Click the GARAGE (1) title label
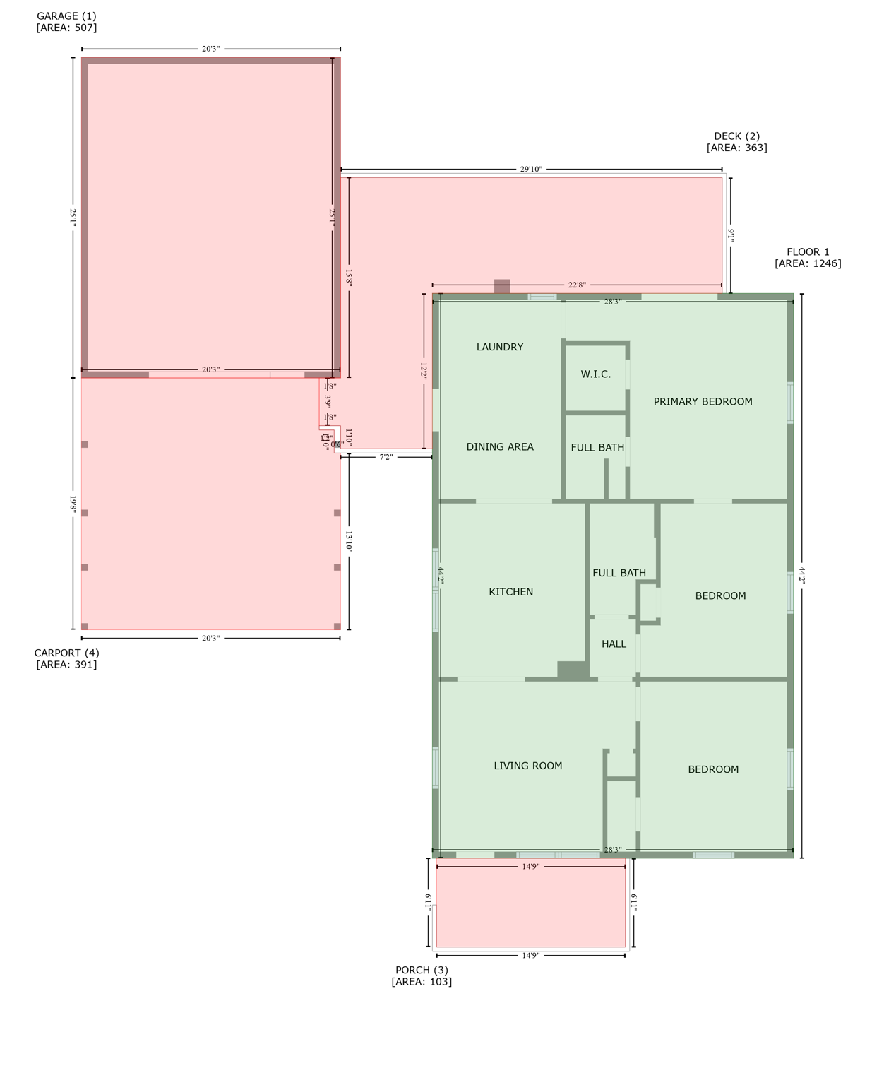tap(66, 16)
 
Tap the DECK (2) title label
tap(736, 136)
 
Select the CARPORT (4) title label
tap(66, 653)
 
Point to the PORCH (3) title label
tap(422, 970)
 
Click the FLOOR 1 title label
tap(808, 251)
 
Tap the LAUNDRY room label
tap(500, 347)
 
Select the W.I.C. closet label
tap(596, 374)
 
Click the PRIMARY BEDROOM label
tap(703, 401)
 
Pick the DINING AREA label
tap(500, 446)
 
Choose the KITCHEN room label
tap(510, 592)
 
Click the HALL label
tap(614, 644)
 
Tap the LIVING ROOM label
tap(527, 766)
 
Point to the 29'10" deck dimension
tap(531, 170)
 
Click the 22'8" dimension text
tap(577, 285)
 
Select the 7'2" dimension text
tap(386, 457)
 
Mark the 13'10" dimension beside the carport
tap(349, 542)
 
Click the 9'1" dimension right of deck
tap(731, 235)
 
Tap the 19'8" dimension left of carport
tap(73, 503)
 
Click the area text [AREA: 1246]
tap(808, 263)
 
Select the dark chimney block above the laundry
tap(502, 286)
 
